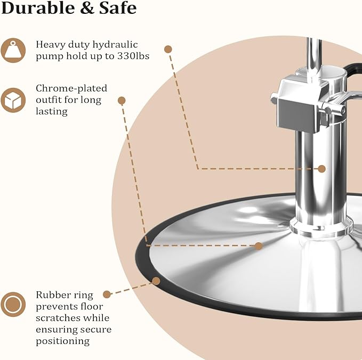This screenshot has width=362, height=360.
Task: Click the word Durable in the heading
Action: pos(38,7)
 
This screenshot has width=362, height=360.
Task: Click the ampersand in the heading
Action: pos(86,8)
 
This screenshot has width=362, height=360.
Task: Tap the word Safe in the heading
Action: pos(118,8)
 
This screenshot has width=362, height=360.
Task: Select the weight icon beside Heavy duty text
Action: pos(13,50)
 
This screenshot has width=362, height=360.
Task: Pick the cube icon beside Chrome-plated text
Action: pos(13,100)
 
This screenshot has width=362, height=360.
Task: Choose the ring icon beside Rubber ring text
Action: pos(13,305)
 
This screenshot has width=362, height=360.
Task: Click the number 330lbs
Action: pos(133,56)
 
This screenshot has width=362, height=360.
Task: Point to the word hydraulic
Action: pos(115,45)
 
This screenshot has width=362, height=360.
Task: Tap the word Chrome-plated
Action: pos(71,88)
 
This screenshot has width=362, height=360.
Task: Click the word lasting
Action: pos(52,111)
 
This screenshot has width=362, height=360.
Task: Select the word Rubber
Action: pos(51,295)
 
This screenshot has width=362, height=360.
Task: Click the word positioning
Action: pos(62,341)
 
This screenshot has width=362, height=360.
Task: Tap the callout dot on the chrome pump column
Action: pos(321,169)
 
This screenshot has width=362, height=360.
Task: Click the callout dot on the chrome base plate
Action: pos(259,246)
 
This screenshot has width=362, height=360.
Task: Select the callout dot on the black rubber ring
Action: pos(156,281)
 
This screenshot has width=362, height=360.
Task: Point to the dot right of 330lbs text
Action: pos(168,49)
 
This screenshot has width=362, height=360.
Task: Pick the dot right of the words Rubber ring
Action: pos(107,294)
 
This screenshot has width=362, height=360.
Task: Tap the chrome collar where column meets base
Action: pos(321,227)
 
